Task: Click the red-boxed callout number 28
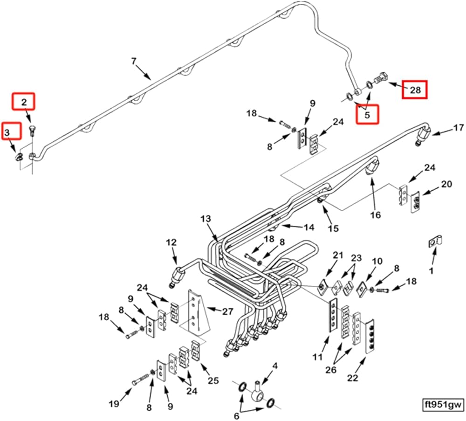[415, 90]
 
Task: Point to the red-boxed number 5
[367, 114]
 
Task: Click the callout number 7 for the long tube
[134, 61]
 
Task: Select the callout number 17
[459, 127]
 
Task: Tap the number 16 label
[376, 215]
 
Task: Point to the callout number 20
[446, 184]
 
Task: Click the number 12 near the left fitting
[171, 242]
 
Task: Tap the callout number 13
[206, 219]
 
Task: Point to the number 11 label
[317, 358]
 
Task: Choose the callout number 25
[212, 381]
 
